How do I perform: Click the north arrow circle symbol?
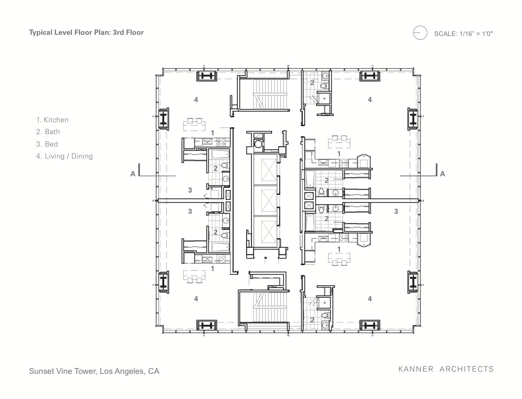(x=420, y=33)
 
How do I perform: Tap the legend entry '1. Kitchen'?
(x=52, y=120)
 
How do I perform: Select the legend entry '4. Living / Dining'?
(x=64, y=156)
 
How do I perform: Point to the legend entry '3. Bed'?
(x=47, y=144)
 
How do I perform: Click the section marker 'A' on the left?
(x=133, y=174)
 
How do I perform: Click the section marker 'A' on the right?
(x=442, y=174)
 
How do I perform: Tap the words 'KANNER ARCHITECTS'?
(x=446, y=369)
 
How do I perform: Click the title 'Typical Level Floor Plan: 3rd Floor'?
(x=86, y=32)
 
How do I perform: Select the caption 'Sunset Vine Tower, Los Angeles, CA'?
(x=94, y=371)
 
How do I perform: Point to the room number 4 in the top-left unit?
(x=196, y=100)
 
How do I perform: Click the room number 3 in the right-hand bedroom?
(x=396, y=211)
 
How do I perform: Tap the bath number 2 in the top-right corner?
(x=312, y=83)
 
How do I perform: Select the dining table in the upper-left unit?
(x=195, y=126)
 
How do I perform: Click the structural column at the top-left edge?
(x=206, y=76)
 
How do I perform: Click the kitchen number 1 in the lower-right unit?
(x=339, y=249)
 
